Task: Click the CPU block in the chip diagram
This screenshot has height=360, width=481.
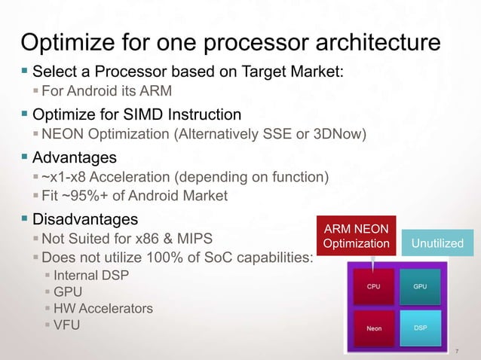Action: click(373, 286)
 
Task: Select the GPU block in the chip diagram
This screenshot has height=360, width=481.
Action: click(421, 286)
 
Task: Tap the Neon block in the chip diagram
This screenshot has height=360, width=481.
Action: click(373, 328)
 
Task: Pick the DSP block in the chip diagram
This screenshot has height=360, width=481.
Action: click(421, 328)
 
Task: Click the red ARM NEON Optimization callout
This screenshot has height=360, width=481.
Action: click(356, 236)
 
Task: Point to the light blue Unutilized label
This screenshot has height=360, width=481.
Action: click(437, 243)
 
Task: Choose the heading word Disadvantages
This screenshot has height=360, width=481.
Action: click(84, 220)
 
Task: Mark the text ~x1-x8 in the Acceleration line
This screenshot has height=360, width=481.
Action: click(65, 178)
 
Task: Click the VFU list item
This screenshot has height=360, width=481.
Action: click(68, 325)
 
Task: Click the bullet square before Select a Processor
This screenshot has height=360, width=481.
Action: click(23, 72)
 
